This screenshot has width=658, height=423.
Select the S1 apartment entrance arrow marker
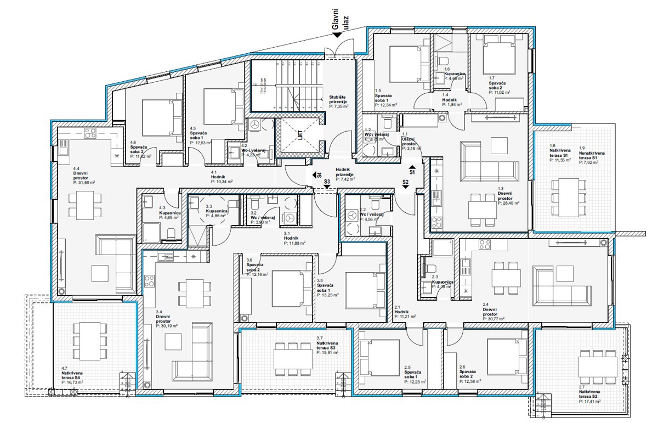412,171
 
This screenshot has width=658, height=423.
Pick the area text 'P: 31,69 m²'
84,183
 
